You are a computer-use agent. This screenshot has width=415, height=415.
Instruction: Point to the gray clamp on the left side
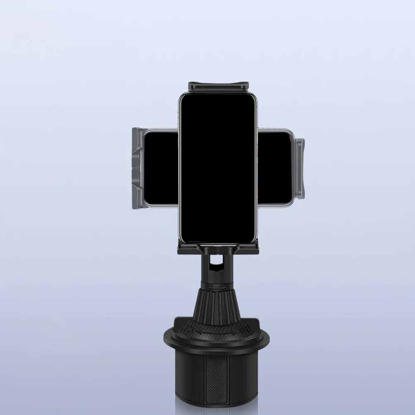coord(137,168)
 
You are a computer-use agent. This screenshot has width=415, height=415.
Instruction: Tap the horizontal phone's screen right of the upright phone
coord(275,168)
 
